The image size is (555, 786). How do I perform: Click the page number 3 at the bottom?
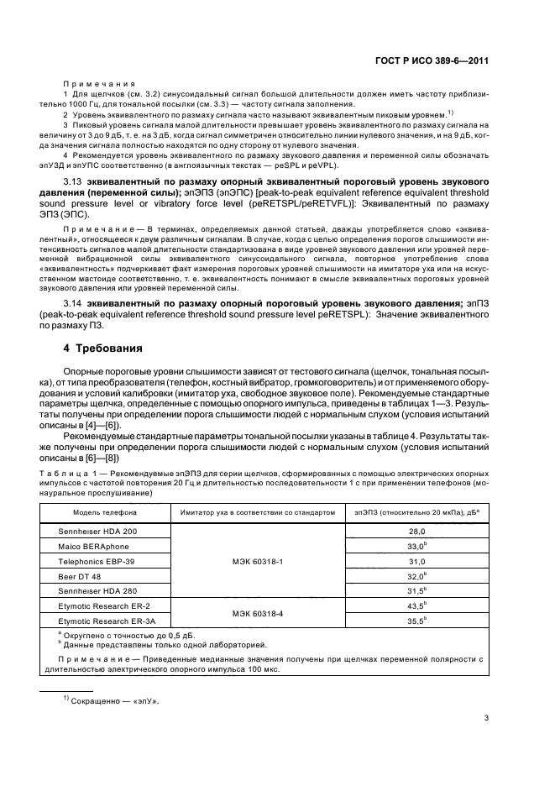click(487, 718)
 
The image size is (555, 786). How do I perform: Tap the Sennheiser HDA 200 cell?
click(97, 532)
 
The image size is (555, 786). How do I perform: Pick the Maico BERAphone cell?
click(94, 546)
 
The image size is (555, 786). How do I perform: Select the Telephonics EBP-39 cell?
click(96, 560)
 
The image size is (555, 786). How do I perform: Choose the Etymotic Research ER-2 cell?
click(103, 605)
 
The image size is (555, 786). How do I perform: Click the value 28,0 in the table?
click(417, 532)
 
